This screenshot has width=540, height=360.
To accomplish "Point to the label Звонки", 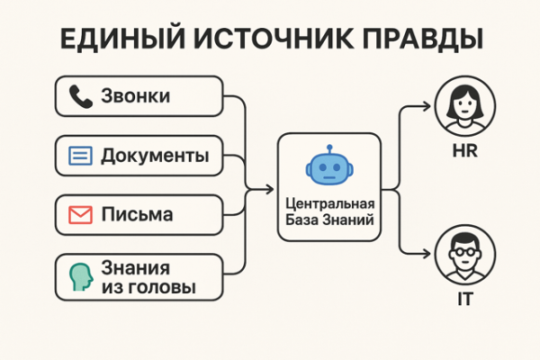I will click(136, 96).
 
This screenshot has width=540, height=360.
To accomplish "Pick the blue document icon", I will click(81, 156).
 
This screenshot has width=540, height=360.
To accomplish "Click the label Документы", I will click(155, 156).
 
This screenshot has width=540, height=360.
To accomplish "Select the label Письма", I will click(138, 216).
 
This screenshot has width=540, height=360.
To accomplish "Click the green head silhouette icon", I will click(81, 276).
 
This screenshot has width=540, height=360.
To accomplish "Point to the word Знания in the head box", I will click(135, 267).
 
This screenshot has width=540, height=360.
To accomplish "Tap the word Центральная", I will click(330, 204).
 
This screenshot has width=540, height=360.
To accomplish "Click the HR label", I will click(463, 151).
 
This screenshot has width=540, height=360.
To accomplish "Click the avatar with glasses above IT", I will click(463, 255).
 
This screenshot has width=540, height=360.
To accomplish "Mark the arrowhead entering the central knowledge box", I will click(271, 189).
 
